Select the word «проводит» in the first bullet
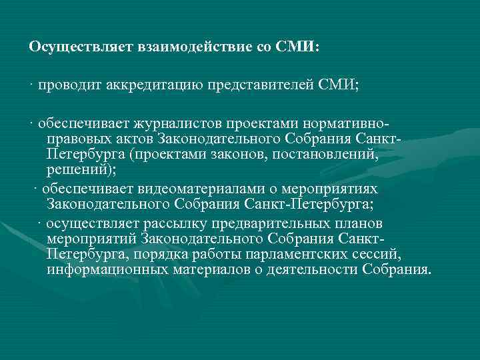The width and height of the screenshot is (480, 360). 65,85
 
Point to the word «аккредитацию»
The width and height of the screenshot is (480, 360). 144,85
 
